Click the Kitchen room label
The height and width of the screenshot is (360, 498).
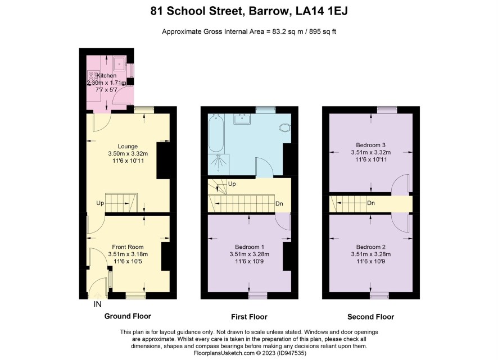click(106, 76)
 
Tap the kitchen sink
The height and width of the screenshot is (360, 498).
click(120, 63)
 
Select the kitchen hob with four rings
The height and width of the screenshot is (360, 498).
click(93, 76)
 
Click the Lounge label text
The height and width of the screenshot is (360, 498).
click(128, 147)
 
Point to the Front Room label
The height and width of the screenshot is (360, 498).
click(128, 247)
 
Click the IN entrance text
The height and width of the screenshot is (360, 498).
click(97, 304)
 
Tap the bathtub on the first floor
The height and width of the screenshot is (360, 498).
click(216, 133)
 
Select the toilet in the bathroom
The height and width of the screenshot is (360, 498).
click(285, 127)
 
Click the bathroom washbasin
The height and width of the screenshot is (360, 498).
click(243, 119)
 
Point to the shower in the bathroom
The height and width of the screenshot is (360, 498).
click(218, 164)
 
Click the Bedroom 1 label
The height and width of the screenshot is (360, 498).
click(250, 247)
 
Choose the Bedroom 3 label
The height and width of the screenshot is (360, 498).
click(370, 145)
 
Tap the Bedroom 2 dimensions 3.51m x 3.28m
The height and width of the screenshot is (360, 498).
click(371, 254)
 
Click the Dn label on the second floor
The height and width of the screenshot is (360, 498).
click(371, 203)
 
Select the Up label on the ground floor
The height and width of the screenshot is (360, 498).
click(100, 203)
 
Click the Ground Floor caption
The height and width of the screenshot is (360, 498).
click(128, 316)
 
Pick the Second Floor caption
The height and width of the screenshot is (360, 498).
click(370, 317)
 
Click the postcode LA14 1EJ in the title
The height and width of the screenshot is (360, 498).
click(322, 11)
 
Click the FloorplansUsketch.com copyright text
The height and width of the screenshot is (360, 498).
click(250, 353)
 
